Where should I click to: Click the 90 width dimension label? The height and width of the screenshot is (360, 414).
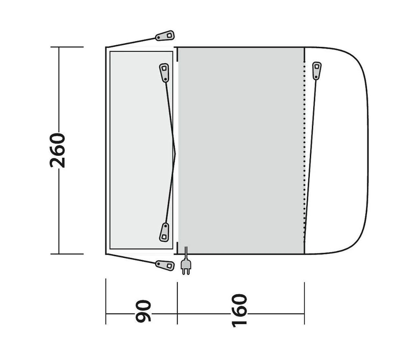click(143, 311)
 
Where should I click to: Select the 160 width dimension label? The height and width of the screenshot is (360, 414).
click(240, 310)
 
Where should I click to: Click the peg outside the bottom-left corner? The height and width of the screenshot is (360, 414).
click(165, 265)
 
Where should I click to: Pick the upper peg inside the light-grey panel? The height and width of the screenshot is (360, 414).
click(164, 72)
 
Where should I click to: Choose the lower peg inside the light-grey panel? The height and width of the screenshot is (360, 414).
click(164, 232)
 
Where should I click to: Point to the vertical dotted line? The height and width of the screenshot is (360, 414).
click(304, 152)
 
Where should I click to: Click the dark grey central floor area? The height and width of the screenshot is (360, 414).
click(241, 150)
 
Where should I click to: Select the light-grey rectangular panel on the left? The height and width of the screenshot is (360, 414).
click(136, 150)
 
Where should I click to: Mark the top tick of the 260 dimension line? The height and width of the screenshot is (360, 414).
click(67, 47)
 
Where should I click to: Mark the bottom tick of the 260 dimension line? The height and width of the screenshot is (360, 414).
click(67, 254)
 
